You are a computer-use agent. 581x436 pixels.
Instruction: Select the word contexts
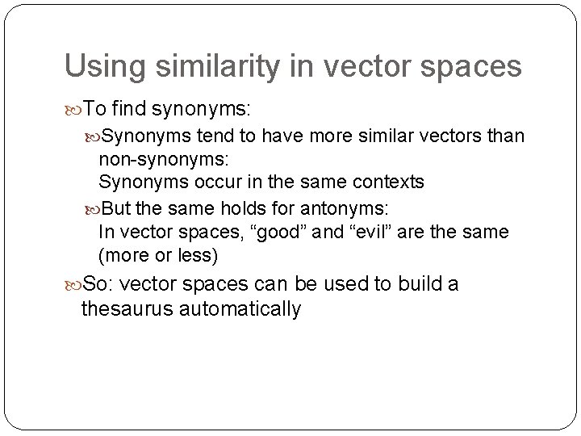point(386,182)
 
